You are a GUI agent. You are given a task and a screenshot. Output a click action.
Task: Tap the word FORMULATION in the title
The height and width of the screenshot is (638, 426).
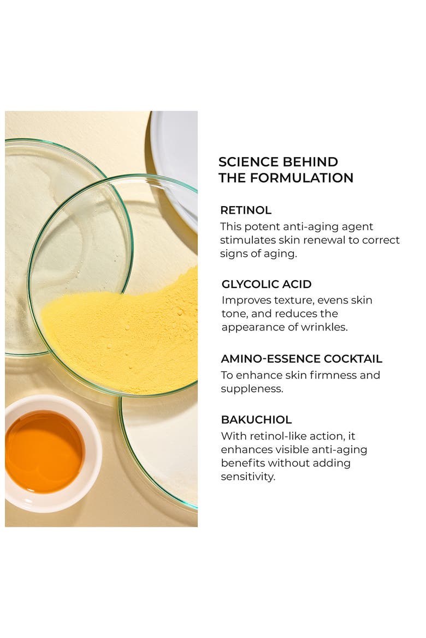(x=301, y=178)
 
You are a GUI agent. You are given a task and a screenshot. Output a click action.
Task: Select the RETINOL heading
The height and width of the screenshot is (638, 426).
(x=246, y=210)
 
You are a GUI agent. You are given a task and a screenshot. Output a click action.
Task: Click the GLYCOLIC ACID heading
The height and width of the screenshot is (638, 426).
(x=267, y=284)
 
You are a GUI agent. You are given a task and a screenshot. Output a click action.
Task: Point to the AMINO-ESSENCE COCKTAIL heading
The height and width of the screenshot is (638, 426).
(x=301, y=358)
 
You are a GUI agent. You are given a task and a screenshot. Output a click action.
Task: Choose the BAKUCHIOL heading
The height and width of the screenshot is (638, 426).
(x=256, y=419)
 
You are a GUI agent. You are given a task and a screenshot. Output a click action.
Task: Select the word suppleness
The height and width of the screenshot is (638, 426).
(x=252, y=389)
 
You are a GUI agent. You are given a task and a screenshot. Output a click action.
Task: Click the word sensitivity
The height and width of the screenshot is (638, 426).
(x=248, y=477)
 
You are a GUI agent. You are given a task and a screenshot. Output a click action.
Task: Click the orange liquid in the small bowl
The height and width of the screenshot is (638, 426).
(x=44, y=452)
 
